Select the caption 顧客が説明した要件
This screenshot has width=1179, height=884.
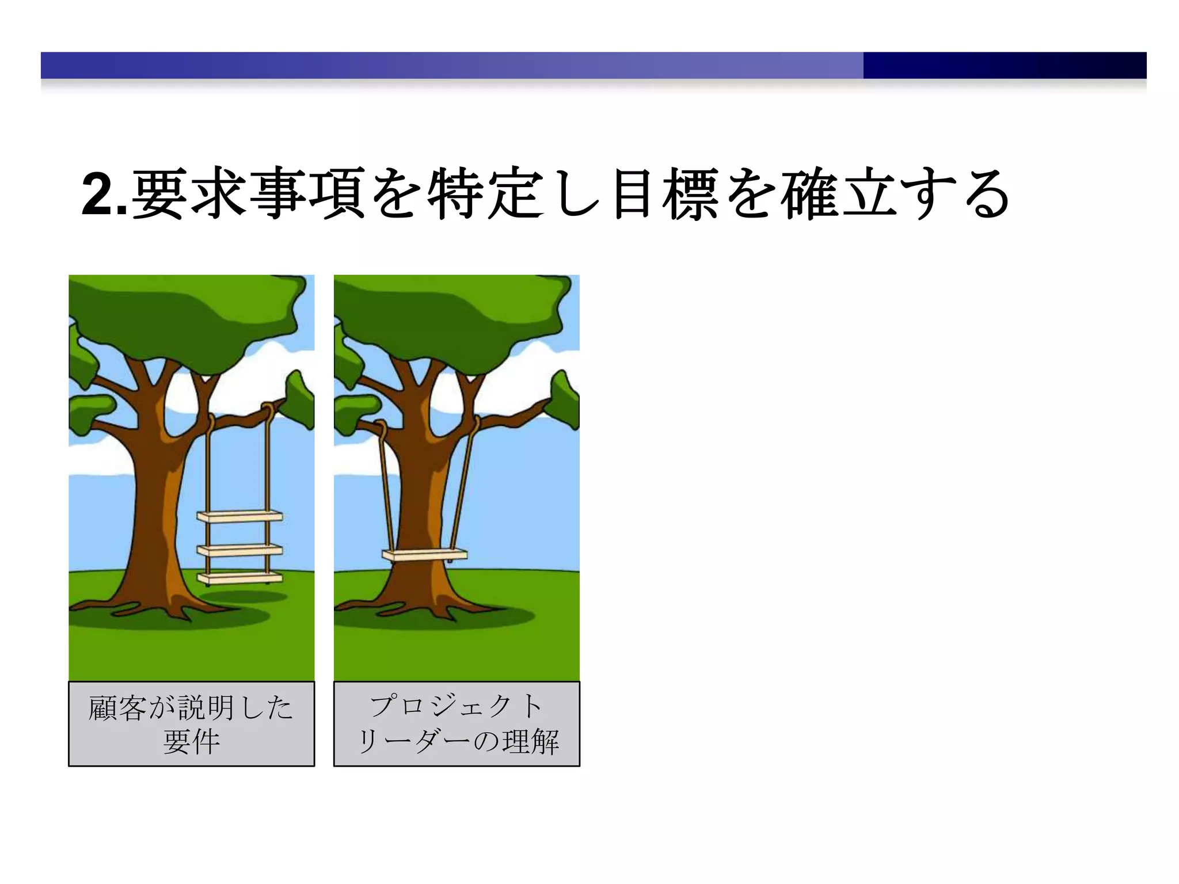pos(191,723)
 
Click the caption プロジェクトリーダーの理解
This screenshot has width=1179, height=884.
pos(457,723)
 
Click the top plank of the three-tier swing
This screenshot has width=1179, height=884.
pos(239,516)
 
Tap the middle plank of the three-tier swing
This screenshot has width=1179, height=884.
pos(239,550)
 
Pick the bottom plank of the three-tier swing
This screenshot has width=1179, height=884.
pos(239,577)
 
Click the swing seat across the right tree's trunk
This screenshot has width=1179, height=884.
pos(425,555)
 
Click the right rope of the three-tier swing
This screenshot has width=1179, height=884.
pos(268,460)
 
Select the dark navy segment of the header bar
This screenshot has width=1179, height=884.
pos(1005,65)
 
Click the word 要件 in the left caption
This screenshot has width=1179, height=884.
pos(191,741)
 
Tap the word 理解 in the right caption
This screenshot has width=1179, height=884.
pos(530,741)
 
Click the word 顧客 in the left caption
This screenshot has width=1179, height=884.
pos(117,707)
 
